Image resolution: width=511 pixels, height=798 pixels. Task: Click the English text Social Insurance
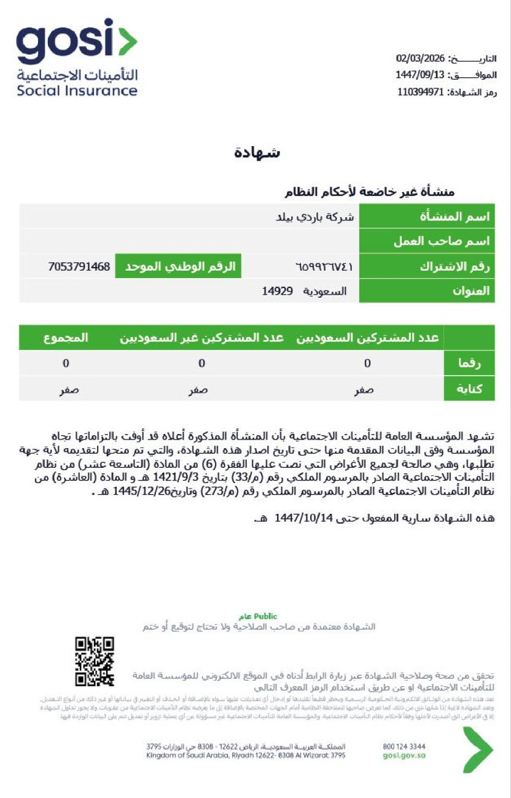(x=77, y=91)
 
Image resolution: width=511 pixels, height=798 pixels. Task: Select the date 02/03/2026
(x=421, y=59)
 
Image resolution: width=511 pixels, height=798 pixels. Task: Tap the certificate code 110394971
(x=420, y=92)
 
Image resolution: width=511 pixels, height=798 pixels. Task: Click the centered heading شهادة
(x=257, y=153)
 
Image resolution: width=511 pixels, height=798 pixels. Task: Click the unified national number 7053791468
(x=79, y=266)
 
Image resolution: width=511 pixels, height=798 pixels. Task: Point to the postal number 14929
(x=278, y=291)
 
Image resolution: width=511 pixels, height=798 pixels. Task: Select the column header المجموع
(x=66, y=338)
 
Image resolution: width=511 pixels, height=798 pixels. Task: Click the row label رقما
(x=469, y=363)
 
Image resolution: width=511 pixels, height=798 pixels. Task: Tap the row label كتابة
(x=469, y=389)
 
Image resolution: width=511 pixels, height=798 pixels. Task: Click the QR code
(x=95, y=662)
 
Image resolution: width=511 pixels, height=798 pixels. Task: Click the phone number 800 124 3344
(x=404, y=746)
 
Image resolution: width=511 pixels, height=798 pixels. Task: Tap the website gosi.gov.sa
(x=404, y=756)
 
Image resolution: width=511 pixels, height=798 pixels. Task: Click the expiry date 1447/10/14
(x=303, y=518)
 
